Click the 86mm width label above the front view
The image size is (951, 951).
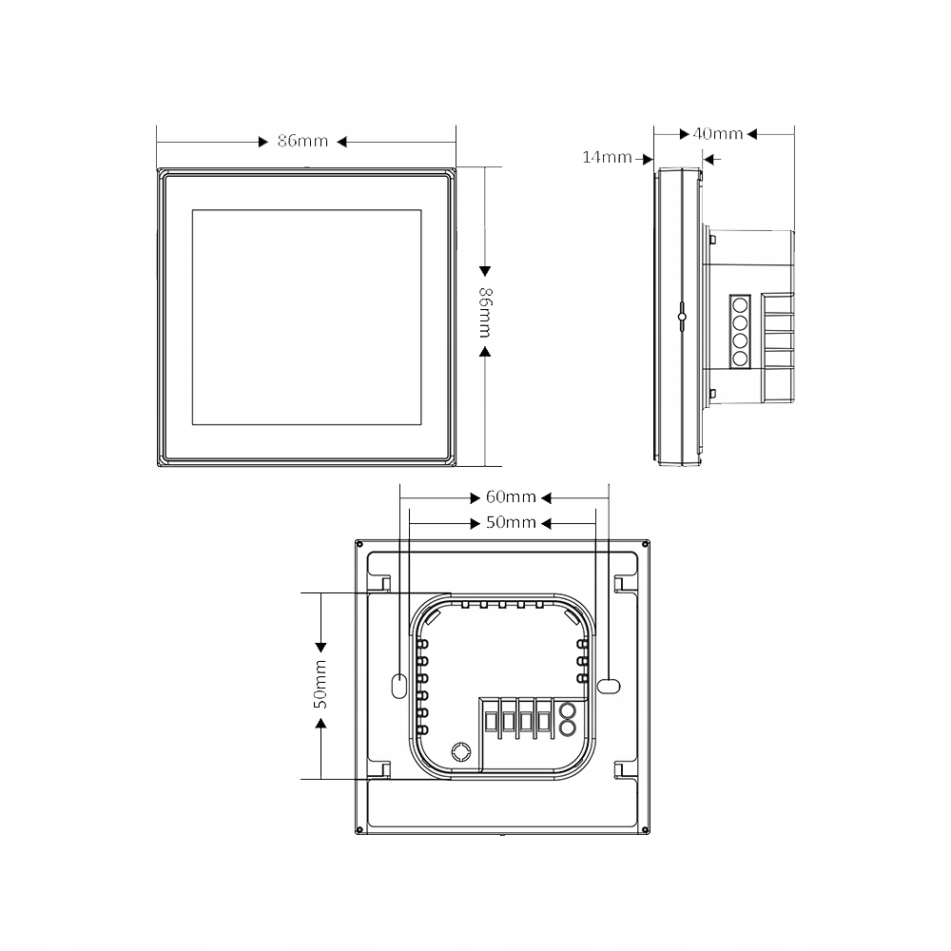(302, 142)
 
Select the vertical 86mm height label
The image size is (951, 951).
(484, 311)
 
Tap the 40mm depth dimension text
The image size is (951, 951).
(718, 134)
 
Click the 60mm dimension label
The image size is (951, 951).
(511, 497)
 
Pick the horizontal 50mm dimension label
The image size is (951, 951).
(511, 523)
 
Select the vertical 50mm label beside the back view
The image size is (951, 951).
(320, 685)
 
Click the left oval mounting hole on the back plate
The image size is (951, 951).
(398, 683)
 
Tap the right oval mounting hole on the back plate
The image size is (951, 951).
(608, 683)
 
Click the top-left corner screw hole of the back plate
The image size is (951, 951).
(359, 544)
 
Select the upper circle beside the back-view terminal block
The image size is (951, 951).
(567, 709)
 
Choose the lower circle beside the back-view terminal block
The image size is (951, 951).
(567, 728)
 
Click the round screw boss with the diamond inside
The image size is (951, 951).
(460, 751)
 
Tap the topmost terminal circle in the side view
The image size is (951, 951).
(739, 305)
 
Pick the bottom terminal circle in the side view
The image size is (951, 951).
(739, 358)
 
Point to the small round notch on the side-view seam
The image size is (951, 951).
(681, 316)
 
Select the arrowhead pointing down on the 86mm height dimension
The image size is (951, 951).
(484, 269)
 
